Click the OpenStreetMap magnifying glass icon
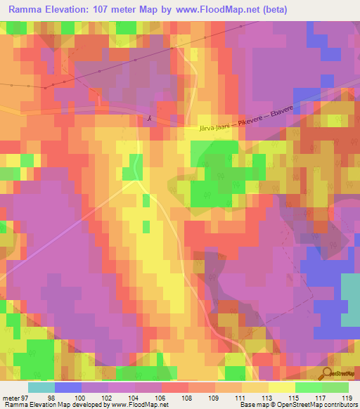[328, 374]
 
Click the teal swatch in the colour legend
[41, 387]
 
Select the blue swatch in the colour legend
[68, 387]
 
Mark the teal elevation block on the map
[350, 299]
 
